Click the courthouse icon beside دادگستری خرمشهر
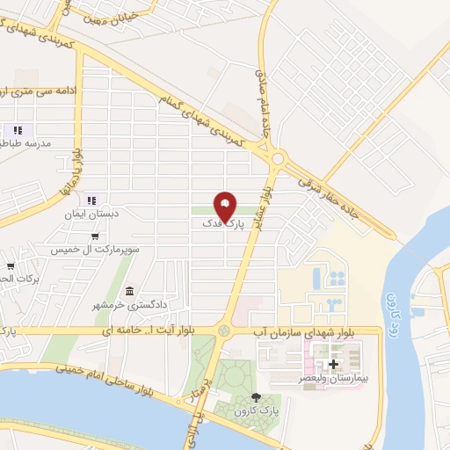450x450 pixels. (130, 291)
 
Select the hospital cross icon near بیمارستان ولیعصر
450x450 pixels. (333, 364)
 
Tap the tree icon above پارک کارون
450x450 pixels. (256, 397)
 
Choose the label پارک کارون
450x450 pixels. (257, 411)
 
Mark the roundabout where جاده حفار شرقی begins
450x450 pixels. (280, 159)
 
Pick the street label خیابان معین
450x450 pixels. (108, 13)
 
